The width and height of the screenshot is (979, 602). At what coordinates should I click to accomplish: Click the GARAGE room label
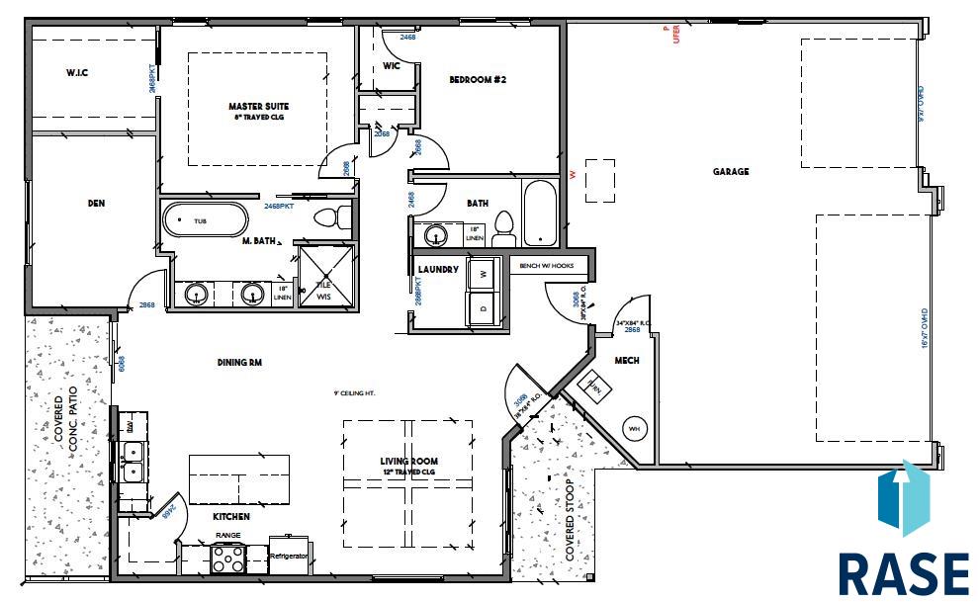pos(731,171)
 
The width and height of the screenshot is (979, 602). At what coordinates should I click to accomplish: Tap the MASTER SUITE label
pos(258,107)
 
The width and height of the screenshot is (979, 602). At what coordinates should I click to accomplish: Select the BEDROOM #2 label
pos(478,80)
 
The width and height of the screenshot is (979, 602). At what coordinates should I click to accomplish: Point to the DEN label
pos(96,204)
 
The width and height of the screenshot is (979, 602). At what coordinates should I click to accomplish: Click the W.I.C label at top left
pos(78,73)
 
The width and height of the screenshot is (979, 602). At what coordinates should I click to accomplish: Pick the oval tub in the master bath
pos(205,221)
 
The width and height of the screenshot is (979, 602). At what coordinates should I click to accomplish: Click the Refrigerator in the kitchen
pos(290,557)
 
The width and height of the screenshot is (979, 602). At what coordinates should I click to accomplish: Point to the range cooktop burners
pos(228,560)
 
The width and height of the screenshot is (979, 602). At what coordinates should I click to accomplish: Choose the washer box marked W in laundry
pos(484,273)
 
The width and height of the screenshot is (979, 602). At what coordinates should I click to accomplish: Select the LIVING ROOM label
pos(408,462)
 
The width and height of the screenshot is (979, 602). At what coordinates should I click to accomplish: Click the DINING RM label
pos(239,363)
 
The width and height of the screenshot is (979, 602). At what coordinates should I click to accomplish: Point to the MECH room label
pos(625,361)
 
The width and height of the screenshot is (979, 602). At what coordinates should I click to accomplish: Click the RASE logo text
pos(903,573)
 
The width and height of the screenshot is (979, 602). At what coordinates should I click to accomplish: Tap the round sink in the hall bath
pos(435,236)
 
